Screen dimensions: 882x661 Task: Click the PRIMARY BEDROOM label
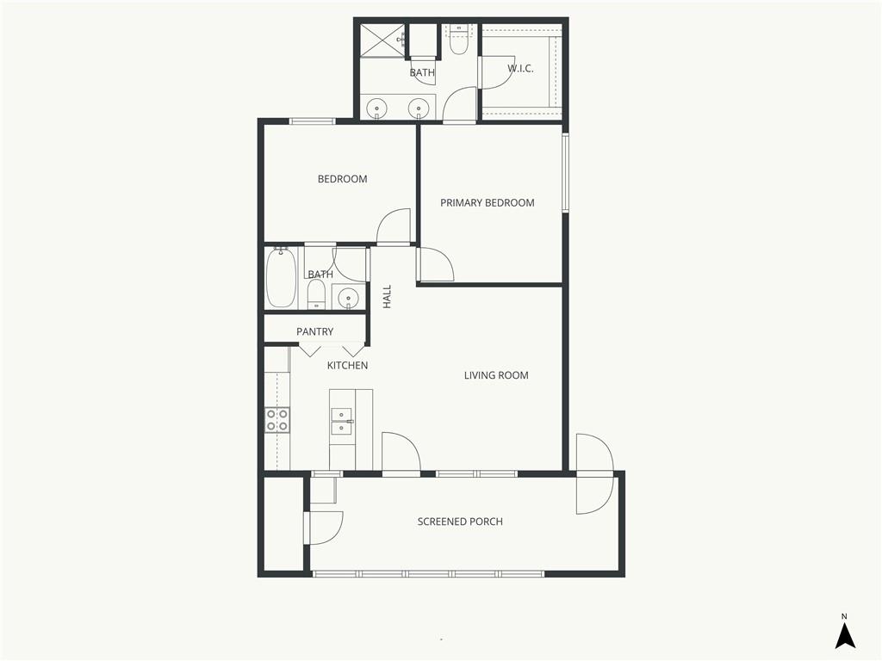pyautogui.click(x=488, y=203)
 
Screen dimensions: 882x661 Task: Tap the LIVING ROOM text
pyautogui.click(x=496, y=375)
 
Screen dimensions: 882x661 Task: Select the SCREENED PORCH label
pyautogui.click(x=460, y=522)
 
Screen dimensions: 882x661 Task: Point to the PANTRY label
pyautogui.click(x=315, y=331)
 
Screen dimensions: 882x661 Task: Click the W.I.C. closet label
pyautogui.click(x=520, y=69)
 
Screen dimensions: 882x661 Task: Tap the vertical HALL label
pyautogui.click(x=387, y=296)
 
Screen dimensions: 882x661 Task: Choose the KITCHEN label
pyautogui.click(x=348, y=365)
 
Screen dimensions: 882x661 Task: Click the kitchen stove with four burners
pyautogui.click(x=277, y=420)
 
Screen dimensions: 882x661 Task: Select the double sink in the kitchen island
pyautogui.click(x=343, y=422)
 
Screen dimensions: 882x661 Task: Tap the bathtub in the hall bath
pyautogui.click(x=281, y=278)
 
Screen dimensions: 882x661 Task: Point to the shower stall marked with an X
pyautogui.click(x=382, y=40)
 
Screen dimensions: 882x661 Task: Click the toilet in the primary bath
pyautogui.click(x=459, y=40)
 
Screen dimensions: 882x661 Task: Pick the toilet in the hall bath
pyautogui.click(x=316, y=294)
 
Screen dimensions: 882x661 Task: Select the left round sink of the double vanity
pyautogui.click(x=376, y=107)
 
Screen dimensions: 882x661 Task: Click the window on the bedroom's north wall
pyautogui.click(x=312, y=120)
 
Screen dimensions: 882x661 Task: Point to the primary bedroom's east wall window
pyautogui.click(x=566, y=172)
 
